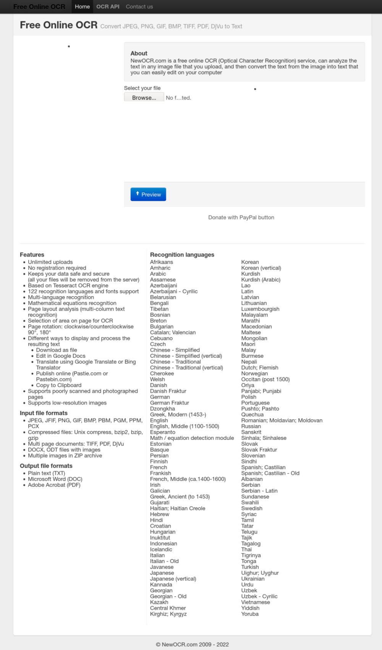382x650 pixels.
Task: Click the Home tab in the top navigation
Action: (82, 6)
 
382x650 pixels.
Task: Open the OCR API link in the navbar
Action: (108, 6)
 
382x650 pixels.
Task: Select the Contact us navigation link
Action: (139, 6)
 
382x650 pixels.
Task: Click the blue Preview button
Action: (148, 194)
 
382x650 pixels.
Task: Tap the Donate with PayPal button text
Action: (241, 217)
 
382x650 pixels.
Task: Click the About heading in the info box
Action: (139, 53)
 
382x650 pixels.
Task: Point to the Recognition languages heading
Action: (182, 255)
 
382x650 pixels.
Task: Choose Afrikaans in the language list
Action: (161, 262)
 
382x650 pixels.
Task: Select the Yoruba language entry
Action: (250, 614)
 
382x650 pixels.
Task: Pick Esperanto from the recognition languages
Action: (162, 432)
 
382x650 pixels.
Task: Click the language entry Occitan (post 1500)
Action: (265, 379)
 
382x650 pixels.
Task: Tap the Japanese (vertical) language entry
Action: (173, 579)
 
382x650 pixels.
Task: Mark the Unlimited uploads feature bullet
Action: (50, 262)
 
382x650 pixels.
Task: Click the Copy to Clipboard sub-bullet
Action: (58, 385)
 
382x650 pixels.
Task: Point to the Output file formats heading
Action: (46, 466)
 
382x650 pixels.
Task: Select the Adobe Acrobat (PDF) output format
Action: (54, 485)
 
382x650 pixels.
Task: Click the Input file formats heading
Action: (44, 413)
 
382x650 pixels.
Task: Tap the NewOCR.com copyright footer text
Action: (192, 644)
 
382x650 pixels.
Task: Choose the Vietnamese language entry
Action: (255, 602)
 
